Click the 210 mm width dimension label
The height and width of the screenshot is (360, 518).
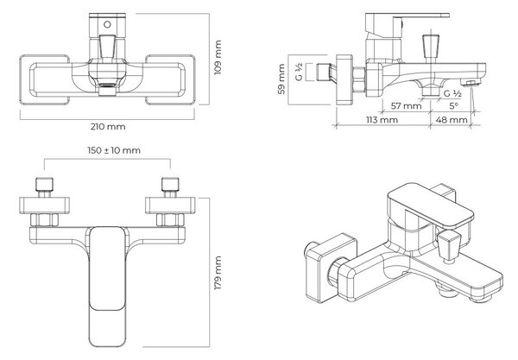pos(108,127)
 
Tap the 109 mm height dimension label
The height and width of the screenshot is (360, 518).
pos(218,58)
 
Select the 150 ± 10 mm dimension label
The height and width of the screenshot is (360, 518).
pos(114,150)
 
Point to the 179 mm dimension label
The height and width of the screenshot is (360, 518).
pos(218,273)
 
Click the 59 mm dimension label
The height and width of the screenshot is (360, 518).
pos(281,79)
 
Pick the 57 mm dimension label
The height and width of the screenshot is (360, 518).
pos(406,106)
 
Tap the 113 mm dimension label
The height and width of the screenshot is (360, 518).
pos(382,119)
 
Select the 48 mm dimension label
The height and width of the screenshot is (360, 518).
pos(452,119)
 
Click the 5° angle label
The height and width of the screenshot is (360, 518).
pos(453,106)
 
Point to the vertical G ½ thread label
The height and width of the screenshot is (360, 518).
pos(299,73)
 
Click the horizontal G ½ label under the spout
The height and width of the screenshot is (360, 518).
pos(452,93)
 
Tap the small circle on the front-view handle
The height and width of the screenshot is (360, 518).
pos(107,24)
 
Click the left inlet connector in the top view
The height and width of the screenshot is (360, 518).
pos(44,187)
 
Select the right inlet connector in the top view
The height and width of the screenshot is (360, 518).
pos(170,187)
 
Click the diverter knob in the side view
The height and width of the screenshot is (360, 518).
pos(431,48)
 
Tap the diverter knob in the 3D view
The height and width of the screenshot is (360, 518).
pos(448,246)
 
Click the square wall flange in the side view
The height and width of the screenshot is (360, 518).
pos(344,79)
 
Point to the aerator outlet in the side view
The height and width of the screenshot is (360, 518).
pos(471,83)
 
